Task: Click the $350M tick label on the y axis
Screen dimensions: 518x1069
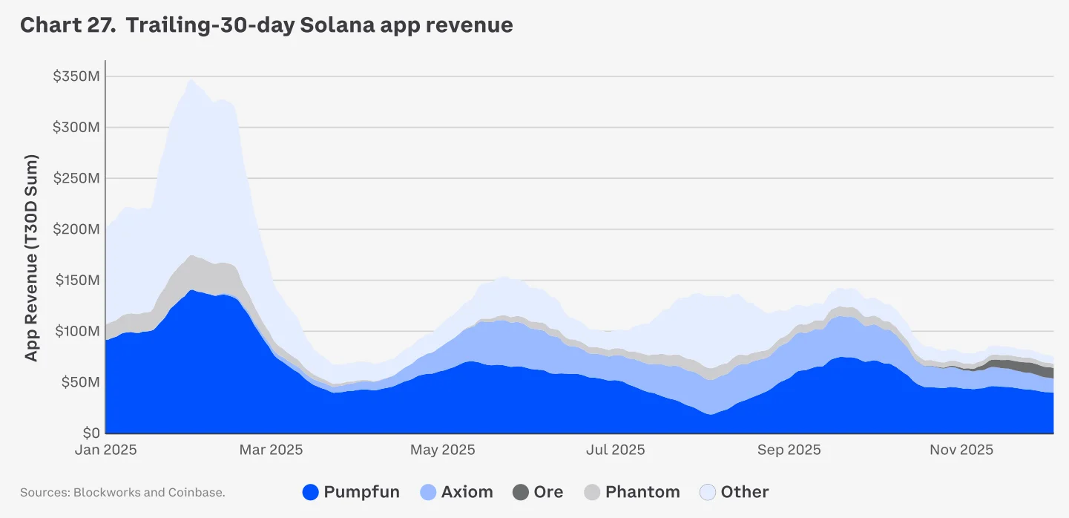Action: click(x=76, y=76)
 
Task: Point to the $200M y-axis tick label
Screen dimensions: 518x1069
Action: click(x=76, y=229)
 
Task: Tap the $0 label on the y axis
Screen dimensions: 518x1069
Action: click(x=90, y=433)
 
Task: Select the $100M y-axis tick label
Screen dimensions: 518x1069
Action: click(x=76, y=331)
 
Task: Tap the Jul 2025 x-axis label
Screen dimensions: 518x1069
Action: click(x=615, y=450)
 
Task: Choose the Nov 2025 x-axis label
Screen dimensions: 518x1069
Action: click(x=962, y=450)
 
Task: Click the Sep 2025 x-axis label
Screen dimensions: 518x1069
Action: click(x=789, y=450)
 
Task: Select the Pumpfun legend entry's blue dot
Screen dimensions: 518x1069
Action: click(x=312, y=492)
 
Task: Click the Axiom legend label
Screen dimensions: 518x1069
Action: click(x=467, y=492)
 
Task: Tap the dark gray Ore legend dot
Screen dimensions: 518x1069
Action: click(x=521, y=492)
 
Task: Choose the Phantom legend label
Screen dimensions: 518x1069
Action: click(x=642, y=492)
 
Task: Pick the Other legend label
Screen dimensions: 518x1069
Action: click(x=745, y=492)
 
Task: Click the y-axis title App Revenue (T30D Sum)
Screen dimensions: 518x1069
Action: click(x=31, y=258)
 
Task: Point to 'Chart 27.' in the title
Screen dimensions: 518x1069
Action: click(x=67, y=25)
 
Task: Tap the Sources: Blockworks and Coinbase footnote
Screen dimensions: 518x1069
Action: click(x=122, y=492)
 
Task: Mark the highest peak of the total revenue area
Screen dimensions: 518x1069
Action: click(x=191, y=80)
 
